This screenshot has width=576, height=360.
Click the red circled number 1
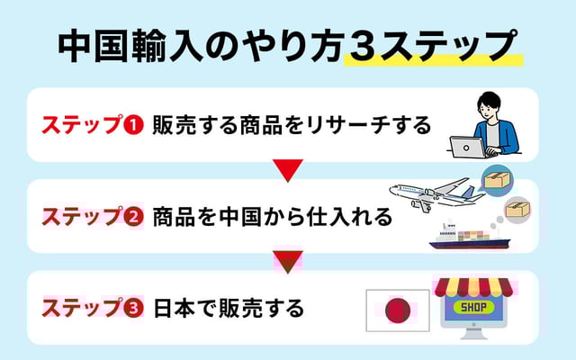coord(133,124)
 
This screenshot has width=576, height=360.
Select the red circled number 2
coord(133,217)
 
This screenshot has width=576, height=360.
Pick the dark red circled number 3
coord(133,309)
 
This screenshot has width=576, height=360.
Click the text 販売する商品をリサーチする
coord(292,124)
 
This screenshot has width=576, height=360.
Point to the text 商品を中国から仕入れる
coord(272,217)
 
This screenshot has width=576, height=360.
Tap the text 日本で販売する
coord(228,309)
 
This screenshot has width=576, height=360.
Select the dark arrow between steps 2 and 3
coord(287,262)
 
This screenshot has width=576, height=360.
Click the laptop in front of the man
coord(468,147)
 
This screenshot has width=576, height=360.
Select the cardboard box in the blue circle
coord(497,180)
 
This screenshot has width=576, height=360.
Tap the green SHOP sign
coord(477,307)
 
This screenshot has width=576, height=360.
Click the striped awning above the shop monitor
coord(478,286)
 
